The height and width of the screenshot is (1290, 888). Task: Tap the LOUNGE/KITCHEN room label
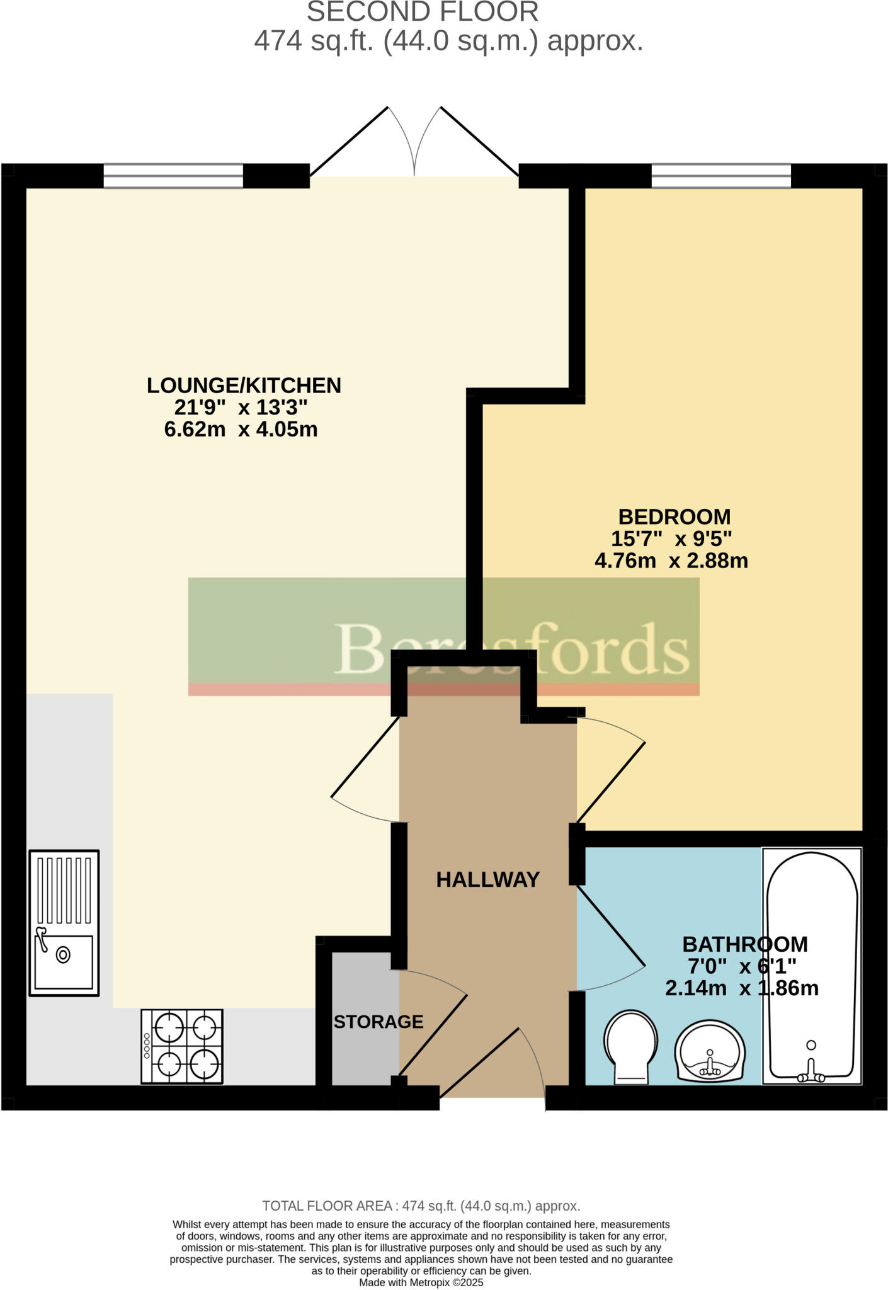click(244, 385)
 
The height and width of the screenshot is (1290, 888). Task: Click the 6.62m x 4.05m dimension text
click(241, 430)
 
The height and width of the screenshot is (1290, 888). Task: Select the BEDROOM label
click(674, 517)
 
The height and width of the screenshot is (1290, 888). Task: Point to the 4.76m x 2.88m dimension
click(671, 561)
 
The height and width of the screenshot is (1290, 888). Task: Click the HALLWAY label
click(487, 879)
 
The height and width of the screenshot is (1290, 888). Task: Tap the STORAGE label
click(378, 1022)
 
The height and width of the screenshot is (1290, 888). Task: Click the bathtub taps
click(811, 1078)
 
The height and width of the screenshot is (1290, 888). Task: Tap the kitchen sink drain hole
click(63, 955)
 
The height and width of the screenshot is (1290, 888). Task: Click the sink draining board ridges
click(64, 889)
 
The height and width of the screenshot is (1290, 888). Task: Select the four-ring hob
click(182, 1046)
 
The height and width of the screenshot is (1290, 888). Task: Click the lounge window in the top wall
click(173, 176)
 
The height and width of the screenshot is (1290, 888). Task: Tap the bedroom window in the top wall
click(721, 176)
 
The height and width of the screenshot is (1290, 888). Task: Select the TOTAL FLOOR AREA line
click(421, 1206)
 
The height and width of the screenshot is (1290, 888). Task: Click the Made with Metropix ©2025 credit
click(421, 1282)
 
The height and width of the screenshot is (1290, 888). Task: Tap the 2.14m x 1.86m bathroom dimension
click(742, 988)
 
